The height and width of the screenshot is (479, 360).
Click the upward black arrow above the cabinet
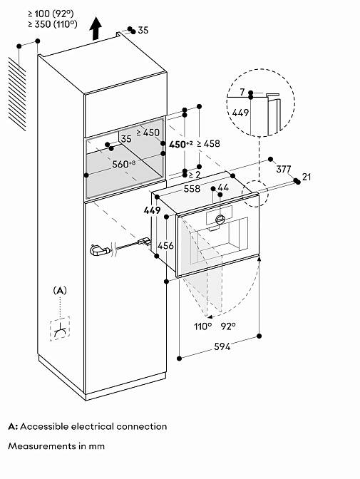coord(96,28)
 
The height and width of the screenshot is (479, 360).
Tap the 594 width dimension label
coord(222,346)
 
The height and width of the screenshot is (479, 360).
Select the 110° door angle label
coord(203,326)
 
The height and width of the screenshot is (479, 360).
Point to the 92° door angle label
coord(229,326)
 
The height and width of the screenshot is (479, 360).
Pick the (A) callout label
coord(60,291)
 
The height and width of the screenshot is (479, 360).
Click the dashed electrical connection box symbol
coord(60,329)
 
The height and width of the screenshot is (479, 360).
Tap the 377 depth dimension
coord(284,169)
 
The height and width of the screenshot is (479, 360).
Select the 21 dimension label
coord(307,177)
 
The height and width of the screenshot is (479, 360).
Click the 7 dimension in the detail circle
coord(242,92)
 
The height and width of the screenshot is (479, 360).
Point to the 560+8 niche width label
coord(124,164)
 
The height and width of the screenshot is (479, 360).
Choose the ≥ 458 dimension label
coord(208,143)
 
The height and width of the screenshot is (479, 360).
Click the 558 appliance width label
coord(192,189)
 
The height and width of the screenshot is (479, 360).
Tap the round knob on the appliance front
coord(220,219)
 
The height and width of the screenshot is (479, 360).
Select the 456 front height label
coord(165,245)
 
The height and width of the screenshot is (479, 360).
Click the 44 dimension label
coord(223,187)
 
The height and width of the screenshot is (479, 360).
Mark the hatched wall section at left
coord(17,94)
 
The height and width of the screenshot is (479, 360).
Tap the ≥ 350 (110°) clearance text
coord(53,24)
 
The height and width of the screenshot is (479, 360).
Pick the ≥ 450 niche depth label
coord(148,133)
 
